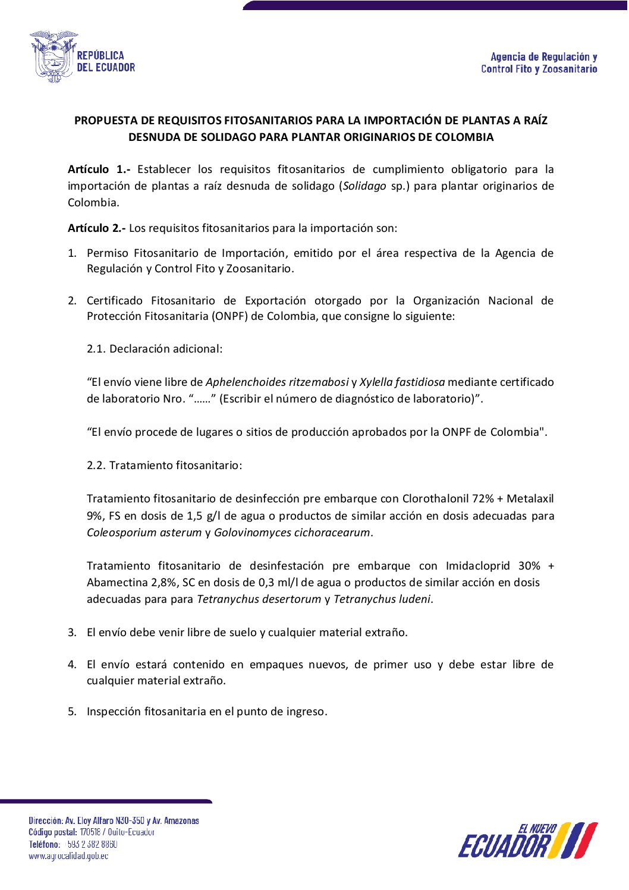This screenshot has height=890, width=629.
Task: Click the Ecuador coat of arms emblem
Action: click(x=54, y=57)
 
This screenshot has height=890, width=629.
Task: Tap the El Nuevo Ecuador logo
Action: click(x=527, y=841)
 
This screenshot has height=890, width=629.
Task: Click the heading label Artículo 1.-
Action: click(x=99, y=169)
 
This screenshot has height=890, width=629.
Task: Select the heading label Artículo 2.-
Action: click(x=96, y=228)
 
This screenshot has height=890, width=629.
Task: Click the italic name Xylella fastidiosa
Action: click(x=402, y=382)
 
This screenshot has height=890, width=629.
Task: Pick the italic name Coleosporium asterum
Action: click(x=144, y=532)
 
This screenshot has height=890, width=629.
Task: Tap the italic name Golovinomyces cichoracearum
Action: click(x=292, y=532)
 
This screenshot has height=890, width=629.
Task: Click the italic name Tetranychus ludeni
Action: click(x=382, y=599)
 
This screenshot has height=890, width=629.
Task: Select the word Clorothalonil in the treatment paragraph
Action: click(x=435, y=498)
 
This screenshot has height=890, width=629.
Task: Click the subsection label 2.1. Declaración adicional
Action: click(x=155, y=348)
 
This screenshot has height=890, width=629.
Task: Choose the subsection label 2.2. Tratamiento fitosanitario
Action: click(x=164, y=465)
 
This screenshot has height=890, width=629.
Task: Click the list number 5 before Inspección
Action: click(x=71, y=712)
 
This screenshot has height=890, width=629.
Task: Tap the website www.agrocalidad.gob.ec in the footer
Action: click(x=68, y=856)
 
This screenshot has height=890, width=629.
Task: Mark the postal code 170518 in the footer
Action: click(x=90, y=832)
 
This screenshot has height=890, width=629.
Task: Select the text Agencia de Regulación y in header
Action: click(x=543, y=57)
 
